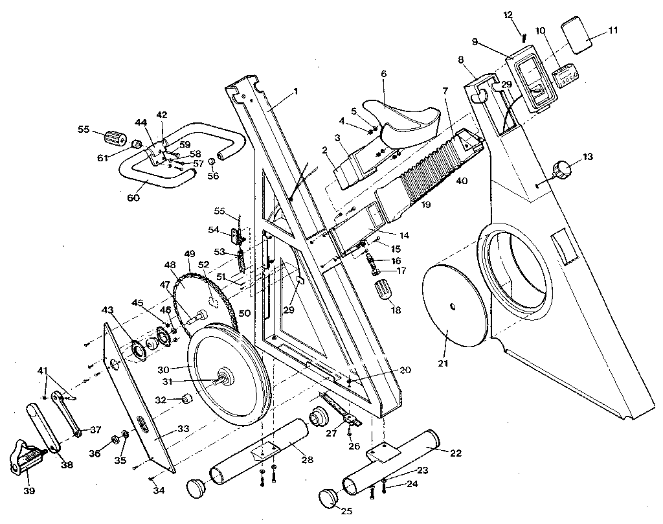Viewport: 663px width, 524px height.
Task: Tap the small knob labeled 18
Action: pos(385,289)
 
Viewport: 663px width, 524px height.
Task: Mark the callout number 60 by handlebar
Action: pos(133,198)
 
